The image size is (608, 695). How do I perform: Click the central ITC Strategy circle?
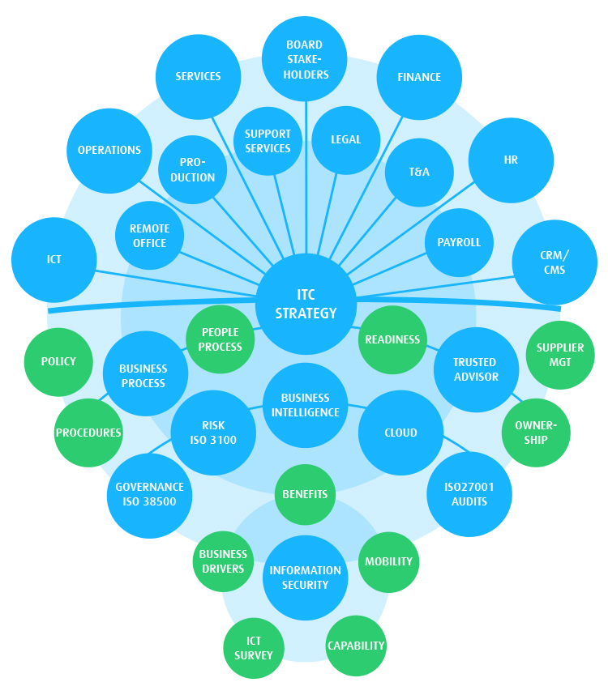coord(306,305)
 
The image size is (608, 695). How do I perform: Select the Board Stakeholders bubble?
coord(305,59)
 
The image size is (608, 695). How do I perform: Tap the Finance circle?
coord(419,78)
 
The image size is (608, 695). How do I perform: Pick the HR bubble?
coord(511,160)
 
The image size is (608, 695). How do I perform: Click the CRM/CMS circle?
coord(554,262)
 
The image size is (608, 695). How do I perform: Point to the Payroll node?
coord(459,242)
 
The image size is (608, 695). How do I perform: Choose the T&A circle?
coord(419,173)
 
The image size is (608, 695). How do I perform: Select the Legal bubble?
coord(346,139)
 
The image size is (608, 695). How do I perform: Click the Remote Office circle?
coord(149,236)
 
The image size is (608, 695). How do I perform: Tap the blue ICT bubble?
coord(54,260)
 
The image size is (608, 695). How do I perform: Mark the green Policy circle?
coord(58,361)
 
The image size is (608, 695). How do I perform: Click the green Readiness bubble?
coord(392,340)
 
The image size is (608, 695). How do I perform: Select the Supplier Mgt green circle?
coord(560,354)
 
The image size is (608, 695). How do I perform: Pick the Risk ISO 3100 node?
coord(214,433)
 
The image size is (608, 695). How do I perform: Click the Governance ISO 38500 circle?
coord(149,494)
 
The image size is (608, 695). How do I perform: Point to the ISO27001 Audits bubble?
coord(469,494)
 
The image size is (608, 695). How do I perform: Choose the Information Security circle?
coord(305,578)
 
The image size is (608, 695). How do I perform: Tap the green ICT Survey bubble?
coord(254,648)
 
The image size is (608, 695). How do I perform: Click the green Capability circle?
coord(356,646)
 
